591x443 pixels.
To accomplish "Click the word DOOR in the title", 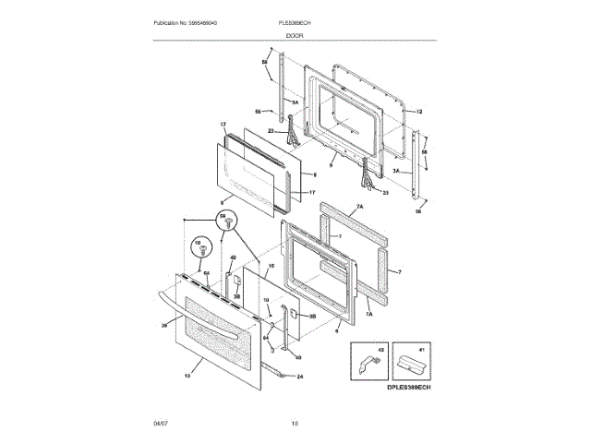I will pyautogui.click(x=295, y=35).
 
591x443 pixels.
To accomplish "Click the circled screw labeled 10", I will pyautogui.click(x=198, y=246).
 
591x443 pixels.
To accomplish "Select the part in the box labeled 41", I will pyautogui.click(x=407, y=360).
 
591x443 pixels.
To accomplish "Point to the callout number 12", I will pyautogui.click(x=418, y=112).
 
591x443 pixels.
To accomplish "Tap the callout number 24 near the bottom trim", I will pyautogui.click(x=299, y=376).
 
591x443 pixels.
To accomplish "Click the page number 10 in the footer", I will pyautogui.click(x=295, y=424).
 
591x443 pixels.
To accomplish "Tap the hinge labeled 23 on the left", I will pyautogui.click(x=293, y=132).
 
